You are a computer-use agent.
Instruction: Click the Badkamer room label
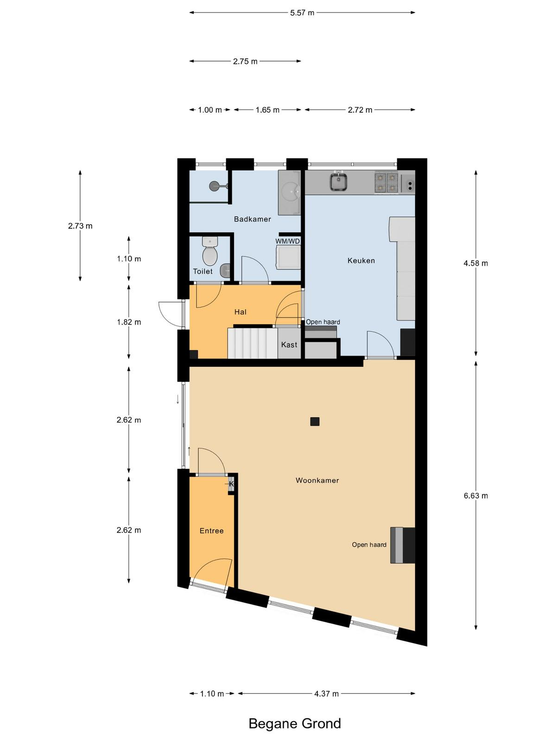coord(253,219)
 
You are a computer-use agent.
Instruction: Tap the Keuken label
coord(361,261)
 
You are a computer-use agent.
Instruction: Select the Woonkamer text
coord(317,480)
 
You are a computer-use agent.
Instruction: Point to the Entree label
coord(212,531)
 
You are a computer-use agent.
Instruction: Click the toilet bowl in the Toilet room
coord(209,256)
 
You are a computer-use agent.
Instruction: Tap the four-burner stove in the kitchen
coord(387,182)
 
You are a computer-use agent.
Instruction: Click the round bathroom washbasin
coord(291,191)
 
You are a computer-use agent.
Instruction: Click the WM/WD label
coord(288,241)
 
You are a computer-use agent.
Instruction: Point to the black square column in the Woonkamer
coord(315,421)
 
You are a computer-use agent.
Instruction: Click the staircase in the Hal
coord(253,343)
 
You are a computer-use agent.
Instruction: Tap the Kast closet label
coord(289,345)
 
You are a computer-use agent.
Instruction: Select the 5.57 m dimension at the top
coord(302,13)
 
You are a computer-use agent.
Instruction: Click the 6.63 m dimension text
coord(476,496)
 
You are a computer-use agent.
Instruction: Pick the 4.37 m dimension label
coord(327,694)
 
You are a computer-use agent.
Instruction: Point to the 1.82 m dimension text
coord(129,322)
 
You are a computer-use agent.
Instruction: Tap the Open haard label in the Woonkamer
coord(369,545)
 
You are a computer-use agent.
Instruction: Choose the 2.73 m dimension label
coord(80,226)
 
